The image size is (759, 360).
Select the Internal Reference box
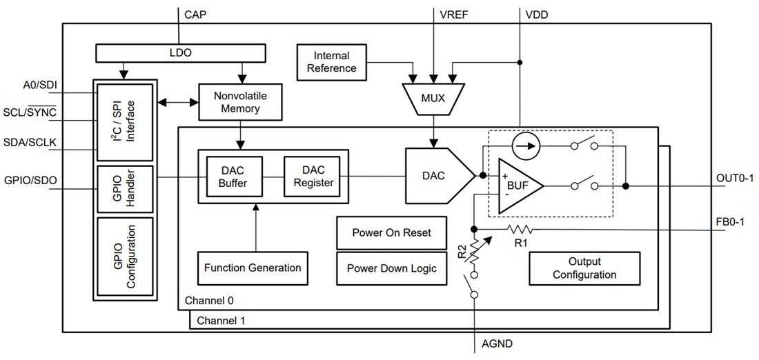click(x=331, y=61)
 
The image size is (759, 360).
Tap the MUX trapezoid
click(x=433, y=98)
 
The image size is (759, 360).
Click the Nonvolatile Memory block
click(x=241, y=101)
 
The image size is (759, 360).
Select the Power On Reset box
click(x=391, y=233)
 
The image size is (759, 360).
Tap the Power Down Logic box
click(x=391, y=268)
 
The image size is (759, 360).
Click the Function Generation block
click(x=253, y=268)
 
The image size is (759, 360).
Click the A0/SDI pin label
click(x=39, y=85)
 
